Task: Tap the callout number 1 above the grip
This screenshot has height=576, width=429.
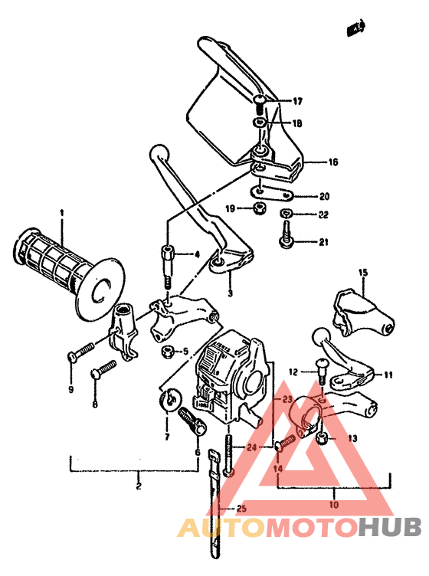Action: point(63,212)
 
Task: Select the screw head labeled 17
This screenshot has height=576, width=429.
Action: point(261,100)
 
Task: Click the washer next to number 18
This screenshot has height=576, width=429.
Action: point(261,122)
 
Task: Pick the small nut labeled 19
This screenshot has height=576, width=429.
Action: point(260,208)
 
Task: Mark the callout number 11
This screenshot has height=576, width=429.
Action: point(388,375)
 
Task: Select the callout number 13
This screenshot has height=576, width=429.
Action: point(352,438)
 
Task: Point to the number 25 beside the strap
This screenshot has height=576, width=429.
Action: point(241,508)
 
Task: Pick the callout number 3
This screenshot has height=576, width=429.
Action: point(229,293)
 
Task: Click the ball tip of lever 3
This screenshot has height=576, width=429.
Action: point(160,152)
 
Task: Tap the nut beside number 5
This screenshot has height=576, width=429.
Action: point(166,352)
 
